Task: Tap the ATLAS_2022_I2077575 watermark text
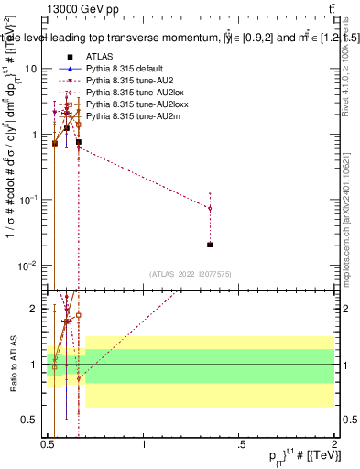coord(191,274)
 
